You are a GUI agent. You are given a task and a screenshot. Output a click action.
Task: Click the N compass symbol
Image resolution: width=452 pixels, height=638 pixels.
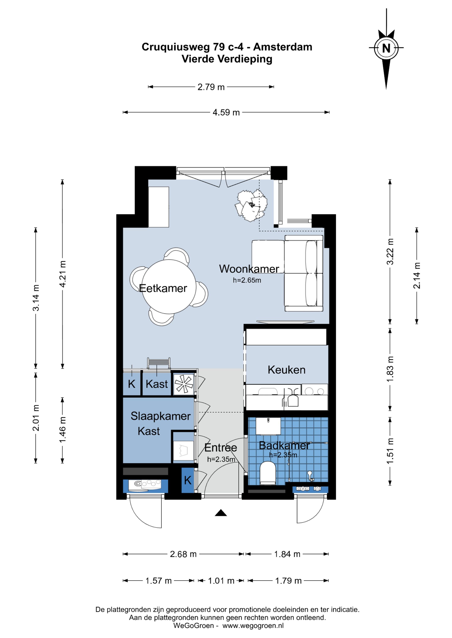(x=386, y=48)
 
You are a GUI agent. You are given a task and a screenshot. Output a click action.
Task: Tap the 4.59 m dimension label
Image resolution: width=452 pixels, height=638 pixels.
(x=226, y=112)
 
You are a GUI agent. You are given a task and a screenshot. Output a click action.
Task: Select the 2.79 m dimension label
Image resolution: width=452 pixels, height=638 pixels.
(x=211, y=87)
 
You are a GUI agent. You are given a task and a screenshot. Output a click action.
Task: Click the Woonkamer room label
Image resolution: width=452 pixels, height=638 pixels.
(x=249, y=269)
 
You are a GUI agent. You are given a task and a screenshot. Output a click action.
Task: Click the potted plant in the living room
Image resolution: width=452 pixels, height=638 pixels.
(x=251, y=205)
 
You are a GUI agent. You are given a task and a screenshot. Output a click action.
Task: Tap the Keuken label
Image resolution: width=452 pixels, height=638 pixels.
(x=286, y=370)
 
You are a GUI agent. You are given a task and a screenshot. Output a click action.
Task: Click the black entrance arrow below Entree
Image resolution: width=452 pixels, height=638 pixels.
(x=221, y=513)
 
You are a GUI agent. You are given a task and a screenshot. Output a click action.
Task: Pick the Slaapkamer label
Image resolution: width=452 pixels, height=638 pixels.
(x=161, y=416)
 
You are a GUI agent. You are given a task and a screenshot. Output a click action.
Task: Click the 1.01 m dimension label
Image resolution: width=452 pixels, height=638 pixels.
(x=221, y=581)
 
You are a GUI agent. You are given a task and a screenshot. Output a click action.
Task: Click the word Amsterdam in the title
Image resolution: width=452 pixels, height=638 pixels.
(x=282, y=47)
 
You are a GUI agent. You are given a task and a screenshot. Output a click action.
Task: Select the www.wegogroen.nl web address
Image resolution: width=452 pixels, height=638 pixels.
(x=253, y=625)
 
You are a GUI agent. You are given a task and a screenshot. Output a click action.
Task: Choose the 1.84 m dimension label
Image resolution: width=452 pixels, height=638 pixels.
(x=287, y=554)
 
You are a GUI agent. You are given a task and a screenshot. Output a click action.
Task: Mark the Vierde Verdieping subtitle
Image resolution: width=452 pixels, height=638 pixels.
(x=227, y=59)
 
